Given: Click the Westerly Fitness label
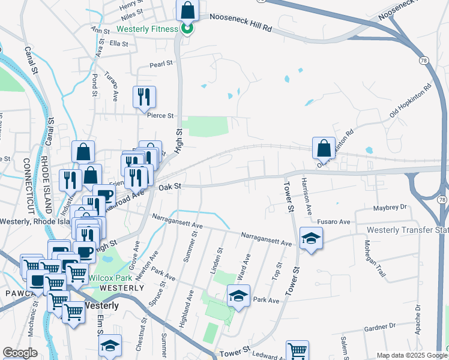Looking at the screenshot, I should click(x=147, y=29).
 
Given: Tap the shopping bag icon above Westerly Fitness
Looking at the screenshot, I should click(x=187, y=11).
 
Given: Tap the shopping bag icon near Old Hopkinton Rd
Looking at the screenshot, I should click(x=324, y=148).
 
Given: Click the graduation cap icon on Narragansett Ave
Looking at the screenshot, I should click(x=311, y=238).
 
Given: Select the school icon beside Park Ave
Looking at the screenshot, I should click(x=238, y=295).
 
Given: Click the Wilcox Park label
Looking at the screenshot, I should click(x=110, y=278).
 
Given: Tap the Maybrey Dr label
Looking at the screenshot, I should click(x=390, y=208).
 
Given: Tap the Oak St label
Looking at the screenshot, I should click(x=170, y=187).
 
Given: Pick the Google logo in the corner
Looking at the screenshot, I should click(x=20, y=353).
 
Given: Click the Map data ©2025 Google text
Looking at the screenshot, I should click(x=408, y=355).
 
